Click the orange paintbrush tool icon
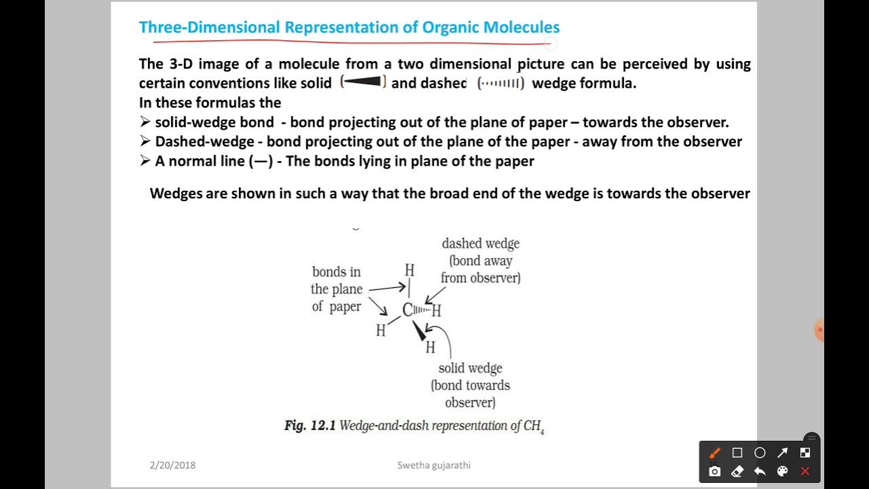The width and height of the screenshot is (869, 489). (715, 453)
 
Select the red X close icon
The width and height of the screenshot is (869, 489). (805, 471)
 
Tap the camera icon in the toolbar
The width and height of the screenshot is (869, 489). (715, 471)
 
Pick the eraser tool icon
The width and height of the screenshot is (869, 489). (737, 471)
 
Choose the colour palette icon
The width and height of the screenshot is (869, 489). (782, 471)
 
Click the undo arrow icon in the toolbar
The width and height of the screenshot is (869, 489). (760, 471)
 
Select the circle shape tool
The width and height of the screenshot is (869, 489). (760, 453)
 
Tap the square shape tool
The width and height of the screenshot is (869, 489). (737, 453)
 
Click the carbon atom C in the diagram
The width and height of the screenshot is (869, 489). (407, 310)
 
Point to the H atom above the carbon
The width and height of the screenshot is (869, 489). (409, 270)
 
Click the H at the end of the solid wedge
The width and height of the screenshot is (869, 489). (430, 348)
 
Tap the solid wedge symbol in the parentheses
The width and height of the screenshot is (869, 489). (363, 83)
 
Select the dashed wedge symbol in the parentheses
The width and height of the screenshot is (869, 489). (501, 84)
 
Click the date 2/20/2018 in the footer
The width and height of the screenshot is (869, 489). (172, 465)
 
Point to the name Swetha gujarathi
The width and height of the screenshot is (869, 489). (434, 465)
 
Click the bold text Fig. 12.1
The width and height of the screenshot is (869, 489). (310, 426)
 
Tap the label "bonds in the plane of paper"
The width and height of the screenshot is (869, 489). (336, 289)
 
